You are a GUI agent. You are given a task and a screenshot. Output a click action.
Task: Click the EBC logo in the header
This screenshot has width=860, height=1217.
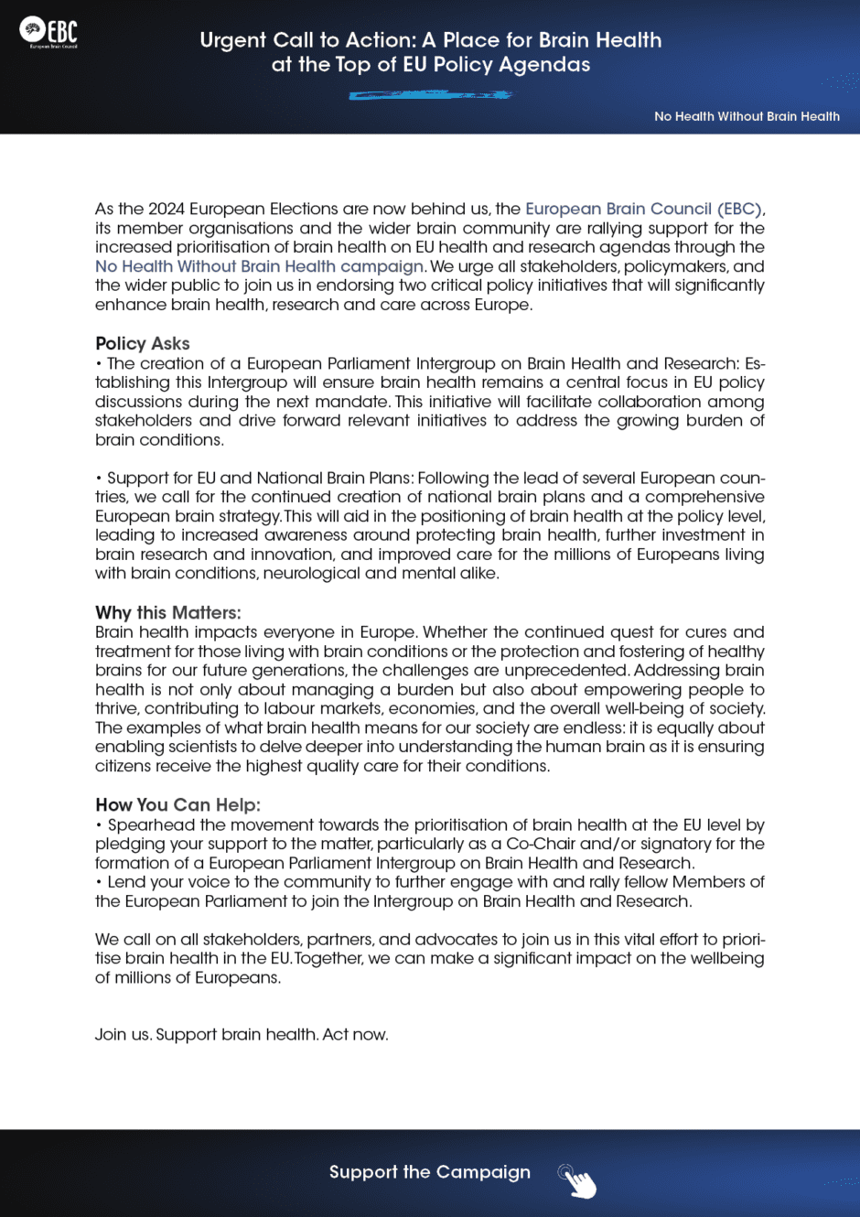pyautogui.click(x=49, y=31)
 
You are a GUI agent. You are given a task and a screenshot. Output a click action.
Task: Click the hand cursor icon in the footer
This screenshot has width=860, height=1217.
pyautogui.click(x=577, y=1180)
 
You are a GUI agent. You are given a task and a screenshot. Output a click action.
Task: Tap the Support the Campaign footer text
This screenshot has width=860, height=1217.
pyautogui.click(x=429, y=1172)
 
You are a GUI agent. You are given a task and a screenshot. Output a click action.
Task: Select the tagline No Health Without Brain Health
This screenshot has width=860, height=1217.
pyautogui.click(x=747, y=116)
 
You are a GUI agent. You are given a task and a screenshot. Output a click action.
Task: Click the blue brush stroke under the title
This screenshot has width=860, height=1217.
pyautogui.click(x=430, y=94)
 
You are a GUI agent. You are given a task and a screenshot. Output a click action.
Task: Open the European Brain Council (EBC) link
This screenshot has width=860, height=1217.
pyautogui.click(x=644, y=209)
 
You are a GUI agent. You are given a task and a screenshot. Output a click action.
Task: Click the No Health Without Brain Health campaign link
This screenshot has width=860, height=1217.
pyautogui.click(x=259, y=266)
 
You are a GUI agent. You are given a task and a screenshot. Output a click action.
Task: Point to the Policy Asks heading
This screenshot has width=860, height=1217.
pyautogui.click(x=143, y=343)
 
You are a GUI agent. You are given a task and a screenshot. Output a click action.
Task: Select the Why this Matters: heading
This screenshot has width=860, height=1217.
pyautogui.click(x=168, y=612)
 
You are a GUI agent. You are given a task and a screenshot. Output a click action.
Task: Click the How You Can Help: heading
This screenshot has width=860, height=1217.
pyautogui.click(x=177, y=804)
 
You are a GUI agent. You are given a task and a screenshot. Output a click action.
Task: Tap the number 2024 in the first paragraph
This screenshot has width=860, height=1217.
pyautogui.click(x=167, y=209)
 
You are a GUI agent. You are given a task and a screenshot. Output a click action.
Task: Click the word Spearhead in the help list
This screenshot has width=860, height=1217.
pyautogui.click(x=151, y=824)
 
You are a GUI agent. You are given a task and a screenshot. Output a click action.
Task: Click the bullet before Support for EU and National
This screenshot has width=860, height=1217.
pyautogui.click(x=99, y=478)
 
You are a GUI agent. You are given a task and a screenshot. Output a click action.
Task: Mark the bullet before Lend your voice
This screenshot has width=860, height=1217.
pyautogui.click(x=99, y=882)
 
